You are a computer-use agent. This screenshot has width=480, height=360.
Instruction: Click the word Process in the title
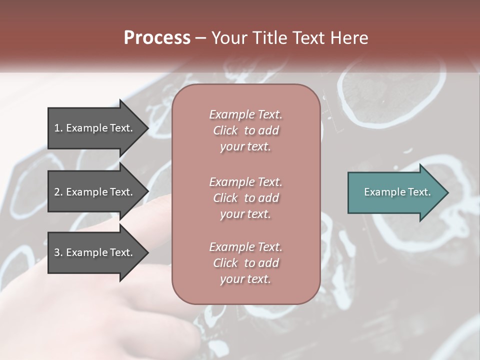[157, 37]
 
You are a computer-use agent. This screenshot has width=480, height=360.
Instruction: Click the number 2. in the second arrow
[58, 192]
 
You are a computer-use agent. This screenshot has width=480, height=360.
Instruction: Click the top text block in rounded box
[245, 130]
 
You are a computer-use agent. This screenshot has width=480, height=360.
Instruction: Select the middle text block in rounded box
[245, 197]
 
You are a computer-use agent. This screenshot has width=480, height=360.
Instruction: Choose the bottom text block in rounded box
[245, 263]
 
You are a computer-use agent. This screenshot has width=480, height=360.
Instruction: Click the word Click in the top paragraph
[225, 131]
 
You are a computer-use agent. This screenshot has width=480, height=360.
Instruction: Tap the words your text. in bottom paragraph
[245, 279]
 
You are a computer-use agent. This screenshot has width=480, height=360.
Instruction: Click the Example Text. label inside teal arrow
[397, 192]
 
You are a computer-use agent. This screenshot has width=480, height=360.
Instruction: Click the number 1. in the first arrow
[58, 128]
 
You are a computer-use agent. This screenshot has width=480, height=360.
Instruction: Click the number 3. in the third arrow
[58, 252]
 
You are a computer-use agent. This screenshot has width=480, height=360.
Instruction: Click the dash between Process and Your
[201, 38]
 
